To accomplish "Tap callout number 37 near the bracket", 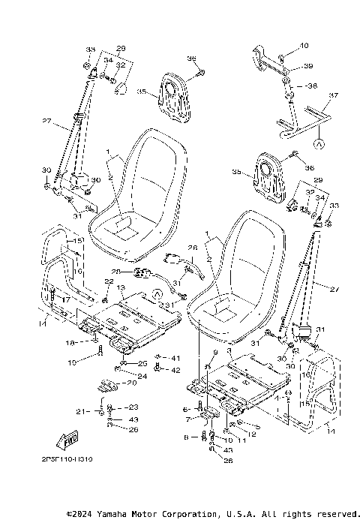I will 334,95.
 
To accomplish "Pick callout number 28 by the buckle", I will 116,272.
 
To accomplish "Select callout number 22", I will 109,281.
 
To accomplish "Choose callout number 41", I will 175,357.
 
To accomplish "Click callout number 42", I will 175,369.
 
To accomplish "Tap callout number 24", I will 142,375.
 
